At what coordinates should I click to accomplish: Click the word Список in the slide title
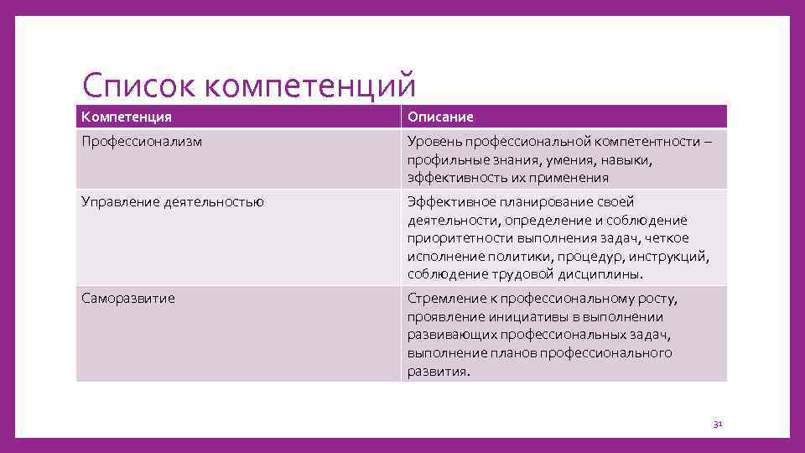[138, 86]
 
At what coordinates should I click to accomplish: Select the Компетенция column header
[127, 117]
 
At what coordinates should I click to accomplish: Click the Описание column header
[441, 117]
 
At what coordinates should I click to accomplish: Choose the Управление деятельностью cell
[173, 201]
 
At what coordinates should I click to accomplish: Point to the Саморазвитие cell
[128, 299]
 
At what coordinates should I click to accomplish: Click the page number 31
[717, 424]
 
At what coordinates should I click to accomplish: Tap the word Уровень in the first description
[434, 142]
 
